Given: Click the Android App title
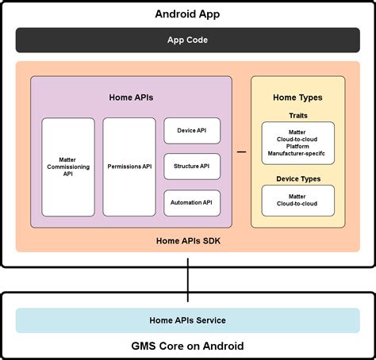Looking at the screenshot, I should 188,14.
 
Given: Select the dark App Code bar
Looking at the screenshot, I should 188,40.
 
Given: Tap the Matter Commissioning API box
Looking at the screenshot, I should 67,167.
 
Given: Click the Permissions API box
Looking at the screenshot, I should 129,167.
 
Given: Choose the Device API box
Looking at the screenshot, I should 191,131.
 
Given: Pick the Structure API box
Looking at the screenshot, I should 191,167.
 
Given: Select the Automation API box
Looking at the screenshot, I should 191,202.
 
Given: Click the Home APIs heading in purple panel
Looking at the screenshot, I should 131,98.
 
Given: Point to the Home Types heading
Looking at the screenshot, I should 297,98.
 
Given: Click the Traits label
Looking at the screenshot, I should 297,115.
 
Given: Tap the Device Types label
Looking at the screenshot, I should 297,178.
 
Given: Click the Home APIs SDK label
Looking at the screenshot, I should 188,241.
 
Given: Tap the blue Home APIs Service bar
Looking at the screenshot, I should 188,320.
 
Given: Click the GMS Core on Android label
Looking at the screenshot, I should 188,346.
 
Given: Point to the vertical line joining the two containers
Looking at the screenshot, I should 188,280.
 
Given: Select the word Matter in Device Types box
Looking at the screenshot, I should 297,196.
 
